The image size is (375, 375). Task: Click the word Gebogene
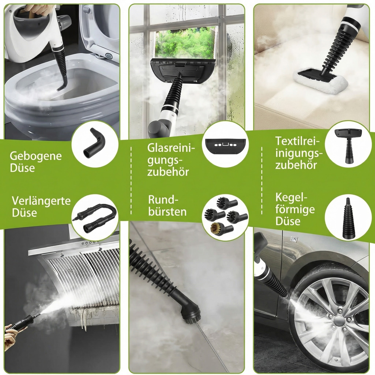36,156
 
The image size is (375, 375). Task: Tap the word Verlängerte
41,200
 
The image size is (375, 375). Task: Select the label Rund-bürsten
167,206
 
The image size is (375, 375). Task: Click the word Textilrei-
297,141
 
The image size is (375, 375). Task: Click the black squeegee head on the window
182,70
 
